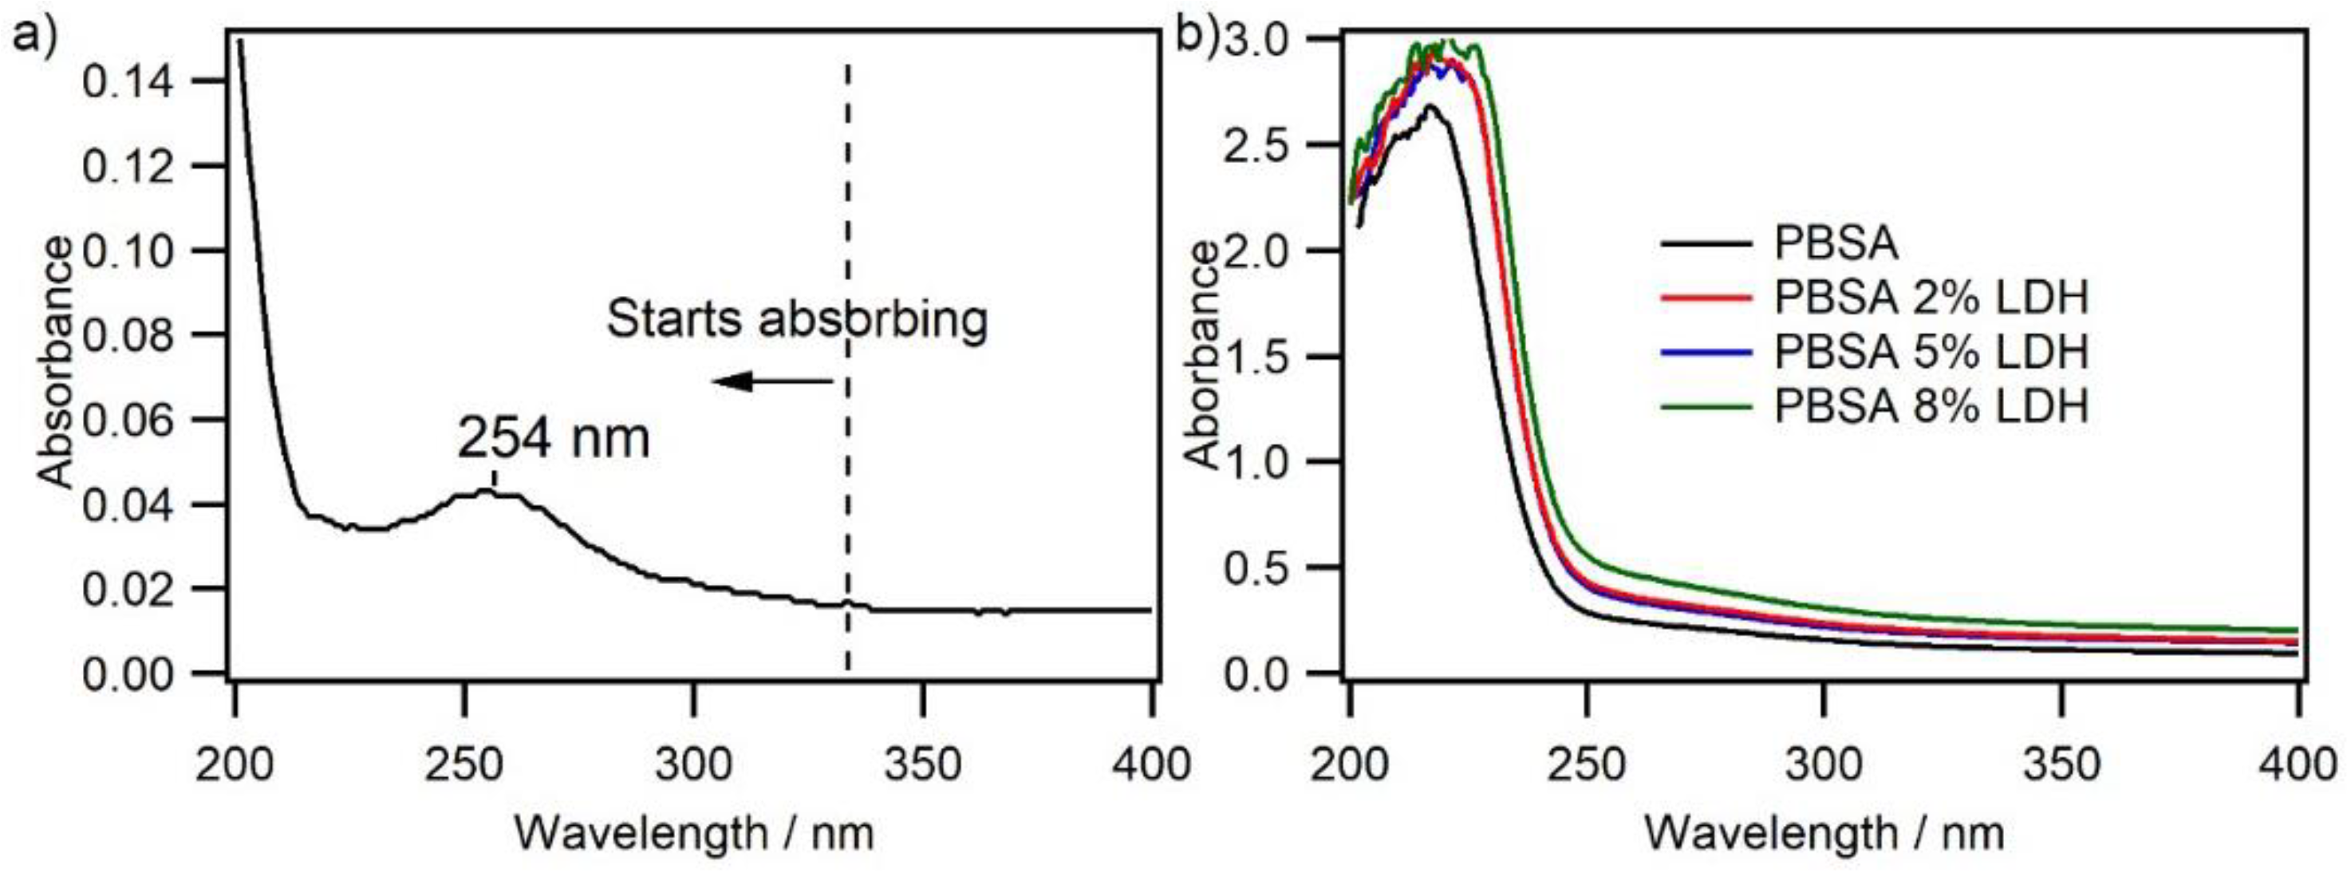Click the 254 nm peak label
[553, 438]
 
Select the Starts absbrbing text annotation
[796, 320]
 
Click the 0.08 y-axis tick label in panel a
[127, 336]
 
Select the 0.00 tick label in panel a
[127, 675]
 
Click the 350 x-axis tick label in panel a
[923, 764]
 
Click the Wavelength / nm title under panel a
[694, 833]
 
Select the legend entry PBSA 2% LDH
[1931, 298]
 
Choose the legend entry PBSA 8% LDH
[1931, 405]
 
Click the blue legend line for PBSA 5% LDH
[1706, 352]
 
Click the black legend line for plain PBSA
[1706, 244]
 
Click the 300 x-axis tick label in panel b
[1823, 764]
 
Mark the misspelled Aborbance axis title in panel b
[1204, 355]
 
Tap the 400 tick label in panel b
[2297, 764]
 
